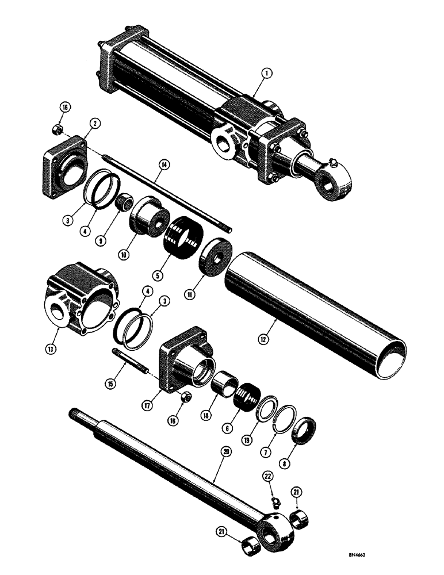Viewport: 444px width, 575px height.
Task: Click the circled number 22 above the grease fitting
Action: (x=269, y=477)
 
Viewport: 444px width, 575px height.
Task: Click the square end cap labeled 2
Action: (x=64, y=163)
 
